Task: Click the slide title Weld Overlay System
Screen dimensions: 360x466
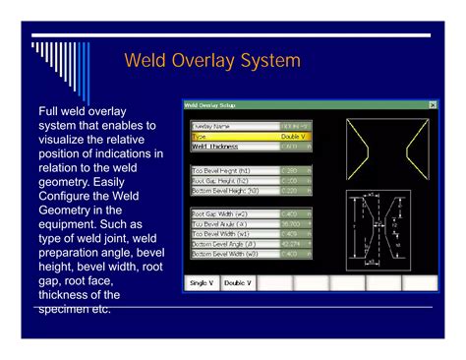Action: [211, 61]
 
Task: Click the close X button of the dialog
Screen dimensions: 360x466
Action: [433, 104]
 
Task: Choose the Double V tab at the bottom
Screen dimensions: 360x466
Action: [237, 282]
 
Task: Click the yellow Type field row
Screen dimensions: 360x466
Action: [251, 136]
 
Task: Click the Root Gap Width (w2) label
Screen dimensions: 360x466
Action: [221, 213]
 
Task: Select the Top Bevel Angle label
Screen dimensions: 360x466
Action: [219, 223]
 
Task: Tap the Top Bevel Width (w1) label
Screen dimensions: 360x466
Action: [221, 233]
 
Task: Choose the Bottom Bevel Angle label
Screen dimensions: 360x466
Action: [223, 243]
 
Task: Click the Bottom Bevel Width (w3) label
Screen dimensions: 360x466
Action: [225, 253]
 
